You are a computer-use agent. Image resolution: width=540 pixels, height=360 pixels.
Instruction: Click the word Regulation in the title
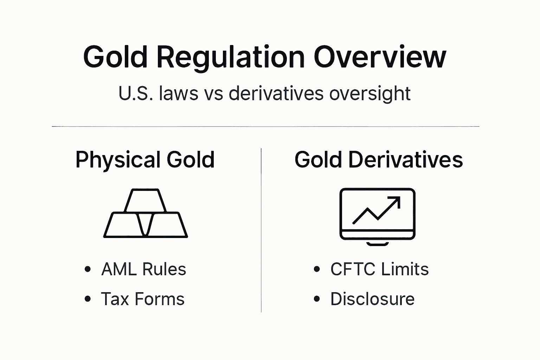pos(230,57)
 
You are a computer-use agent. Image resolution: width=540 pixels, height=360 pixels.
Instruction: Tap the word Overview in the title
pos(380,57)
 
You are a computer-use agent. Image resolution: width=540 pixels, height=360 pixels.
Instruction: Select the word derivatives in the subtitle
pos(276,94)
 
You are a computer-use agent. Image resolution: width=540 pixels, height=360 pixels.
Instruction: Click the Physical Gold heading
pos(145,160)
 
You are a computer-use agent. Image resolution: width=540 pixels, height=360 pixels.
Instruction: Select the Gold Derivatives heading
pos(379,160)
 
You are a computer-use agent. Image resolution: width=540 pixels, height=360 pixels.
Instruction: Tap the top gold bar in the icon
pos(145,200)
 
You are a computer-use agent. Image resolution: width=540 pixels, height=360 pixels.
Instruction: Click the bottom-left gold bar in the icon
pos(121,225)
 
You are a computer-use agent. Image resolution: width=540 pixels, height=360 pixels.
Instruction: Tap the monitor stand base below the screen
pos(377,243)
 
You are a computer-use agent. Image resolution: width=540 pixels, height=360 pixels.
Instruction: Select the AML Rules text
pos(143,269)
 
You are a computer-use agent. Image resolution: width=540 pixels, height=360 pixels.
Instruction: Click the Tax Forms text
pos(142,299)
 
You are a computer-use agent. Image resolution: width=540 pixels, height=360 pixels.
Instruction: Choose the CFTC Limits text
pos(379,269)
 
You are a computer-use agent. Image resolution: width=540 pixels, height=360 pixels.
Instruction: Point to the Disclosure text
pos(372,299)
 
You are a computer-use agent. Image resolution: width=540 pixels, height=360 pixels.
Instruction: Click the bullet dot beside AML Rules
pos(88,269)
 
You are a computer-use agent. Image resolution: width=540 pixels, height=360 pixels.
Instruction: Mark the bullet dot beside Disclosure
pos(317,299)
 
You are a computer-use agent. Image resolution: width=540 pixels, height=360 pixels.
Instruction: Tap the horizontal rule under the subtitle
pos(265,126)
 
